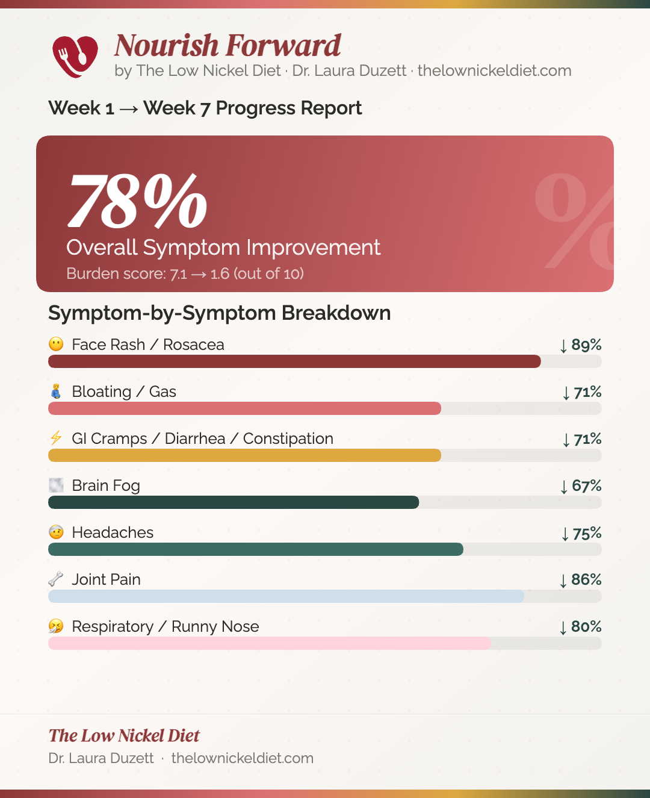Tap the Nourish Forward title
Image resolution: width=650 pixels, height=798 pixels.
point(227,46)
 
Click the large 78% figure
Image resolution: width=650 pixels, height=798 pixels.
point(138,201)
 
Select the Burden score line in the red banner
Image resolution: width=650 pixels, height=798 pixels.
point(185,274)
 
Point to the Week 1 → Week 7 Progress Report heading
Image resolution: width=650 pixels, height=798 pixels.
point(205,108)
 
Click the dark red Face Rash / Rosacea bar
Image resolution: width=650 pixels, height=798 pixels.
point(294,361)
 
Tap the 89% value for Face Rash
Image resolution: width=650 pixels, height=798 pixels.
point(581,345)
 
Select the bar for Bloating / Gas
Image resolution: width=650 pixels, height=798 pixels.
point(244,408)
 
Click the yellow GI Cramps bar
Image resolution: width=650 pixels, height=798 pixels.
point(244,455)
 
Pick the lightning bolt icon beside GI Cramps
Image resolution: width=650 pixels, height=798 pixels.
point(56,438)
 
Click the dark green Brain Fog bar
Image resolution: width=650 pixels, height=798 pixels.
point(234,502)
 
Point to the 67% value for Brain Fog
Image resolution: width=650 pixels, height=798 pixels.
point(581,486)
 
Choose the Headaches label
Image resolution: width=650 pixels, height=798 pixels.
point(113,532)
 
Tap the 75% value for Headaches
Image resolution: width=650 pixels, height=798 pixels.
point(581,534)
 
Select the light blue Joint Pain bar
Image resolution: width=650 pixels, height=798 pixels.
point(286,596)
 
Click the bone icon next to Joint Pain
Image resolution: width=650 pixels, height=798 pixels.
point(56,579)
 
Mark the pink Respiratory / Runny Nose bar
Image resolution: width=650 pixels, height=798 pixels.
point(270,643)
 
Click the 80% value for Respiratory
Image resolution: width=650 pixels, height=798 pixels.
point(581,627)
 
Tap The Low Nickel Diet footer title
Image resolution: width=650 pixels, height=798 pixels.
point(124,735)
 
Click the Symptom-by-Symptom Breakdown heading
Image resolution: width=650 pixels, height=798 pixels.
point(220,313)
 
